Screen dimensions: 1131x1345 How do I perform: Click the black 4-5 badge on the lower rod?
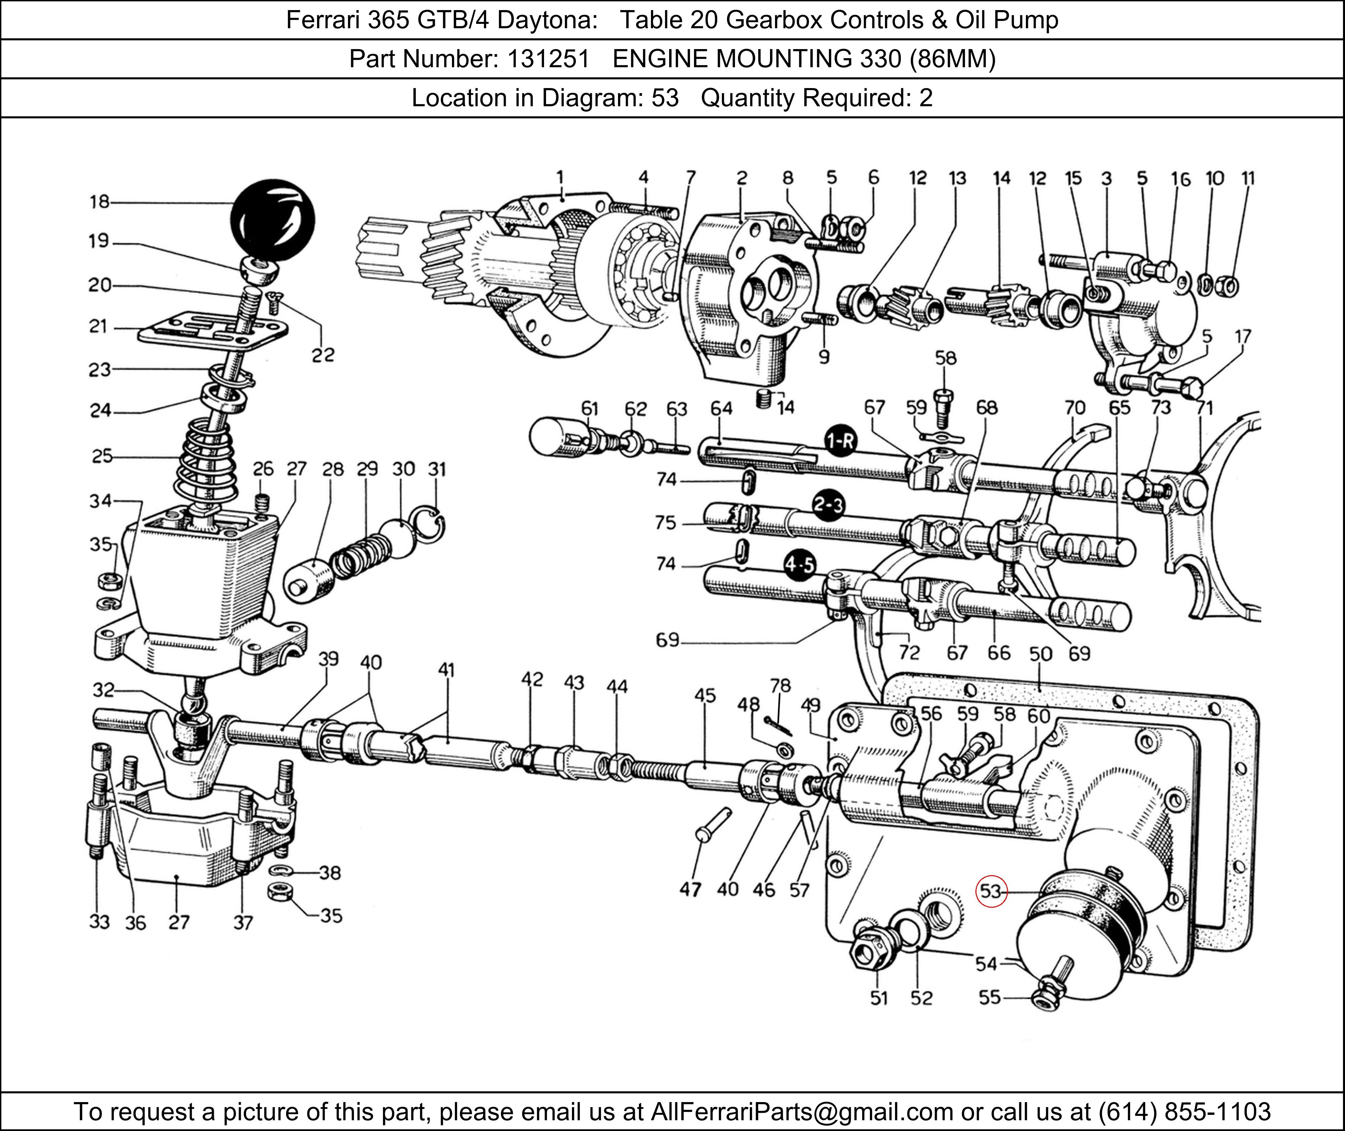[800, 565]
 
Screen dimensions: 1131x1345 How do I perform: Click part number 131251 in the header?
[548, 59]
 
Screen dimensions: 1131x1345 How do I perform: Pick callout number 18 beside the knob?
[100, 202]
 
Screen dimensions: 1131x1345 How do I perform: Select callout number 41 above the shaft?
[446, 670]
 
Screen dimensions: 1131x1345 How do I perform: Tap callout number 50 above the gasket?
[1040, 654]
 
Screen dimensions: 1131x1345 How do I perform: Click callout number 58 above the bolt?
[946, 358]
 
